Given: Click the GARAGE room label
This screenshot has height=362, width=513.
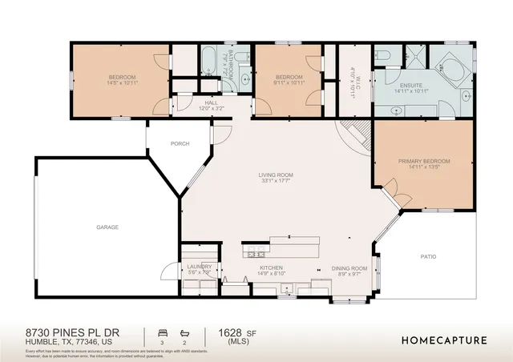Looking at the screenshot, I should (107, 227).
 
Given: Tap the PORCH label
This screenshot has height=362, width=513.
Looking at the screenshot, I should (179, 144).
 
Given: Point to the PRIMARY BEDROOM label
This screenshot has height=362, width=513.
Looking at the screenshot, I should (424, 161).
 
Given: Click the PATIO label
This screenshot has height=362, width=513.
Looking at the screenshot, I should (429, 256).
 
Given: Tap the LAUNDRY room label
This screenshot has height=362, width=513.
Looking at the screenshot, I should (199, 267).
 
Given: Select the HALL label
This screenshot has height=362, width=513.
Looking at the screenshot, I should (211, 103).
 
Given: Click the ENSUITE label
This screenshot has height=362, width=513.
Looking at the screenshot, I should (410, 84).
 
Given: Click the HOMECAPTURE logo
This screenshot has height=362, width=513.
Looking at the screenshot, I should (443, 340).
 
